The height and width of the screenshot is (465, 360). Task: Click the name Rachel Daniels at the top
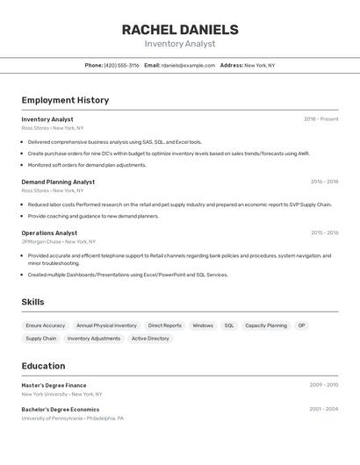pos(180,30)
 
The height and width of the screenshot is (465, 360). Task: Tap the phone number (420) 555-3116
pos(121,65)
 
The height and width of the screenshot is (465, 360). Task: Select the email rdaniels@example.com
pos(188,65)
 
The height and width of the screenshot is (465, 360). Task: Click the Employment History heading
pos(65,100)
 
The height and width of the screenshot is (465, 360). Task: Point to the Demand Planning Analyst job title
pos(58,182)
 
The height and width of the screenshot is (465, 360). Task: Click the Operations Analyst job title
pos(49,233)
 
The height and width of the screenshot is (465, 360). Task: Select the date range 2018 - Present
pos(320,119)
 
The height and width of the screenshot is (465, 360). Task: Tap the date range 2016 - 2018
pos(324,182)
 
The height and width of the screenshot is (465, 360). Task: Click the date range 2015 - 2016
pos(324,233)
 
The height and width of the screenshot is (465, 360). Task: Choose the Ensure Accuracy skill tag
pos(46,325)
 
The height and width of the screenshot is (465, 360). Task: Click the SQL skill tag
pos(229,325)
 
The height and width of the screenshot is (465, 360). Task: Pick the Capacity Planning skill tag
pos(266,325)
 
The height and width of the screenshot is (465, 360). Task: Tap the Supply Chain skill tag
pos(41,338)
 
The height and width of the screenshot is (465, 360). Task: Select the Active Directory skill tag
pos(150,338)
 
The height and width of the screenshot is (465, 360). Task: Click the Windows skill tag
pos(203,325)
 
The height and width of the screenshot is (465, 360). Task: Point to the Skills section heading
pos(33,302)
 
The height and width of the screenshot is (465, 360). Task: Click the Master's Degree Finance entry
pos(54,385)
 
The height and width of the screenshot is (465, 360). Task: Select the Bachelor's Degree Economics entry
pos(61,410)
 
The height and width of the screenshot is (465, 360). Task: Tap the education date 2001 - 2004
pos(324,410)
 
